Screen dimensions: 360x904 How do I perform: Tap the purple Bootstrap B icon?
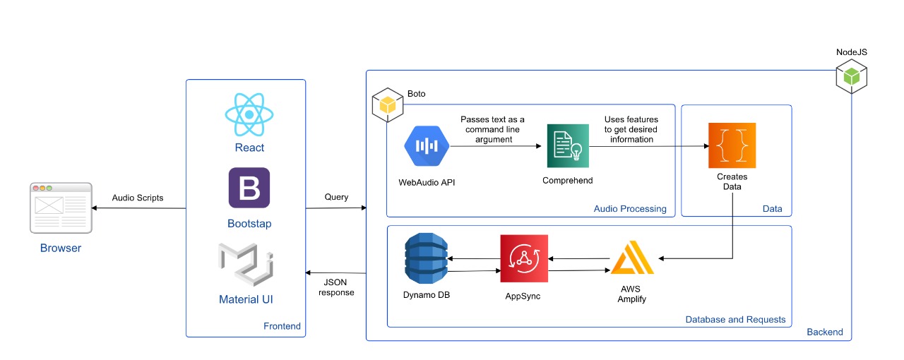point(249,188)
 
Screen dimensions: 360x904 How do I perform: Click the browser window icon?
point(61,208)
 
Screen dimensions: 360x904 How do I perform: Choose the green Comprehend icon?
point(568,146)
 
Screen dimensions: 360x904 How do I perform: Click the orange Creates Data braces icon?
point(732,145)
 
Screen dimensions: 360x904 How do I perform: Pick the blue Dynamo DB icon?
point(427,258)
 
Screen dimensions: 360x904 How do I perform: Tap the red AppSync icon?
point(524,259)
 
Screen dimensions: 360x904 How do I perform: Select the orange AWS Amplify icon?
point(632,258)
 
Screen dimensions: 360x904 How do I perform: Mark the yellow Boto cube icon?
point(387,106)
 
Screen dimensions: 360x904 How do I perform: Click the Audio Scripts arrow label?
point(138,198)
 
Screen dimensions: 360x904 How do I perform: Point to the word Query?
point(336,197)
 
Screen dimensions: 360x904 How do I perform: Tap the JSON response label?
point(336,287)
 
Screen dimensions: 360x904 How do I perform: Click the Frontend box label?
point(282,326)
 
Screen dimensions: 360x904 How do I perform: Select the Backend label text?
point(825,332)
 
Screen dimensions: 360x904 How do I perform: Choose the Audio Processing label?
point(630,208)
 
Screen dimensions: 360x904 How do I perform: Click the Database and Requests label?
point(735,320)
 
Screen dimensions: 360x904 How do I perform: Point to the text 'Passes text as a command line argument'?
point(492,129)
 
